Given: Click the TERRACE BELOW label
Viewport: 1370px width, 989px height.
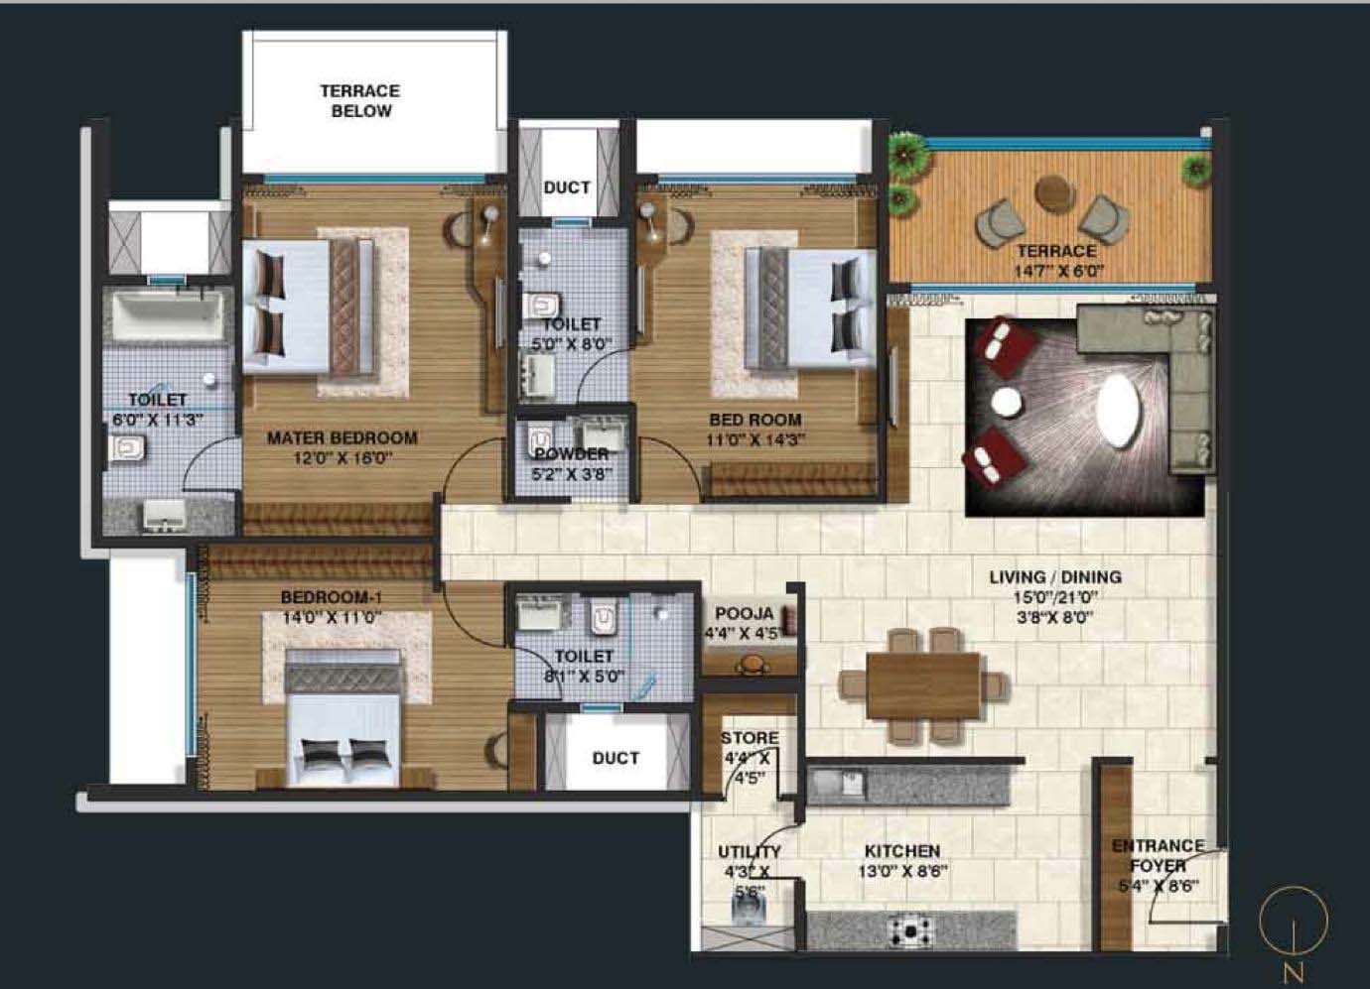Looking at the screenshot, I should tap(360, 101).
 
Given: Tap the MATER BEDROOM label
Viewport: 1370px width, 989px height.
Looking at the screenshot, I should tap(342, 437).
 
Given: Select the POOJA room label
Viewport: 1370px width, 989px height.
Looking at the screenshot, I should tap(744, 614).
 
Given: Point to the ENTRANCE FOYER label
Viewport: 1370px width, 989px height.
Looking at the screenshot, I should tap(1158, 855).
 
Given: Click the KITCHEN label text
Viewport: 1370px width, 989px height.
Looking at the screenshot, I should tap(901, 851).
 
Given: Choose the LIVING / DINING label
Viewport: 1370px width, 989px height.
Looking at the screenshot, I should tap(1054, 576).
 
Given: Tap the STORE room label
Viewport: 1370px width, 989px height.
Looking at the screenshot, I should tap(750, 738).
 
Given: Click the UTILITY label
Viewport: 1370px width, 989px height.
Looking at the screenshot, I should tap(750, 851).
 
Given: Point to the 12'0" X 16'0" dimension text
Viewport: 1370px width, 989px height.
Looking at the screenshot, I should tap(342, 458).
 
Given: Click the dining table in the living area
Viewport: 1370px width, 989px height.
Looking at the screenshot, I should tap(922, 684).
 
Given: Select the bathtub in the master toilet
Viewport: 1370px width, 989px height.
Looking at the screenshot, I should tap(169, 314).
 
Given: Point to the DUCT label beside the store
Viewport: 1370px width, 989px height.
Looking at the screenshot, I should tap(616, 758).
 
